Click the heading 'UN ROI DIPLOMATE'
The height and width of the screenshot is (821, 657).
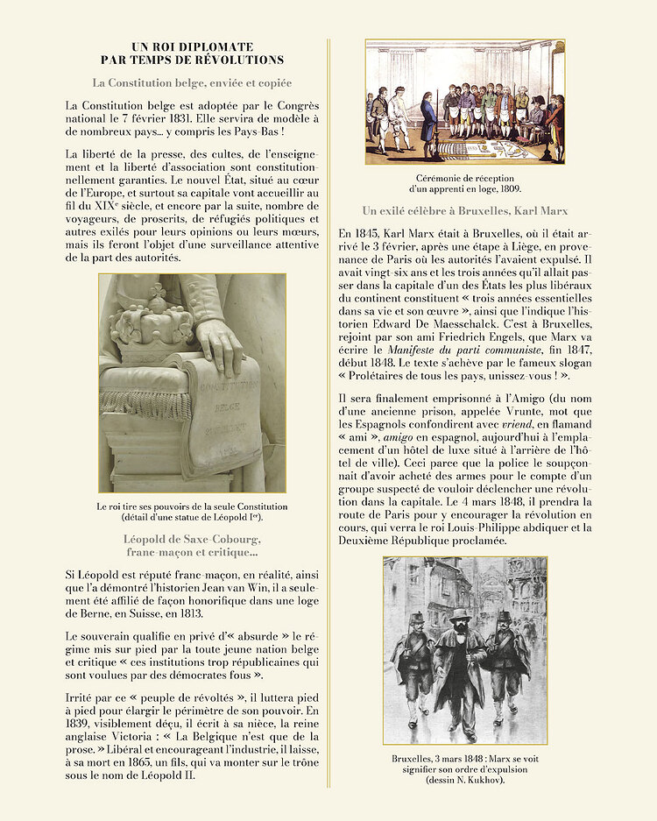point(192,46)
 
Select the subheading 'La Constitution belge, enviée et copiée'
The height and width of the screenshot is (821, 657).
point(192,83)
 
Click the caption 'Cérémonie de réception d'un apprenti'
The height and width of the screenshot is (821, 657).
point(464,182)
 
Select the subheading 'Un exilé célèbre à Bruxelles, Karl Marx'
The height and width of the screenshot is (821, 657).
point(464,211)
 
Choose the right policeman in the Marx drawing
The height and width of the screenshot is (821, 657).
point(511,657)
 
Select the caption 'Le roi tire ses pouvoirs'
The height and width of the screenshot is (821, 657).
point(192,506)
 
